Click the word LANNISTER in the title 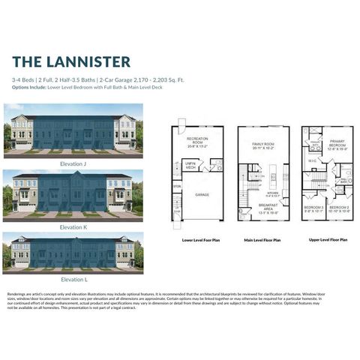pyautogui.click(x=88, y=61)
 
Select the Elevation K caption pyautogui.click(x=73, y=226)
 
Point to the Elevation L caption pyautogui.click(x=73, y=279)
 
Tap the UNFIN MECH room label pyautogui.click(x=191, y=166)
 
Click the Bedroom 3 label pyautogui.click(x=313, y=209)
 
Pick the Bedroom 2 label pyautogui.click(x=340, y=209)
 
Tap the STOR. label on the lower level pyautogui.click(x=177, y=186)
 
